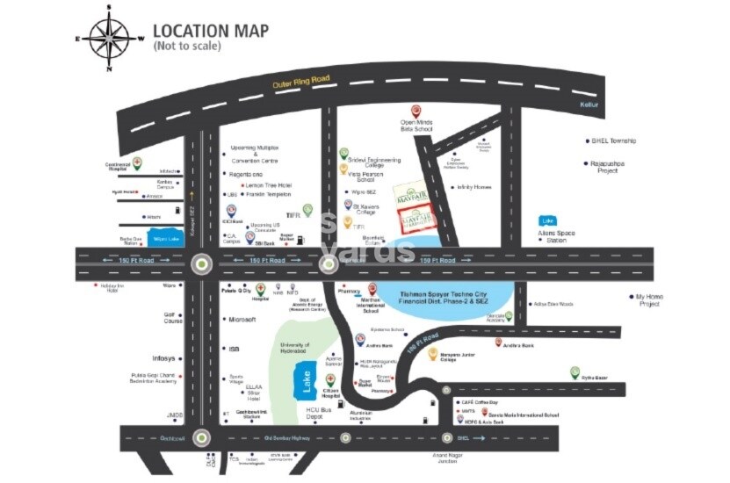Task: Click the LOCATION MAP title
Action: (211, 31)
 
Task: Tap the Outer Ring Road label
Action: (301, 81)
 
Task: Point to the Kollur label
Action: (589, 104)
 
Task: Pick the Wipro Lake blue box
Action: (165, 238)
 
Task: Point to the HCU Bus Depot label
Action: (321, 413)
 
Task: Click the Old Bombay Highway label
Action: (288, 437)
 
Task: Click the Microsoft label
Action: (242, 321)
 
